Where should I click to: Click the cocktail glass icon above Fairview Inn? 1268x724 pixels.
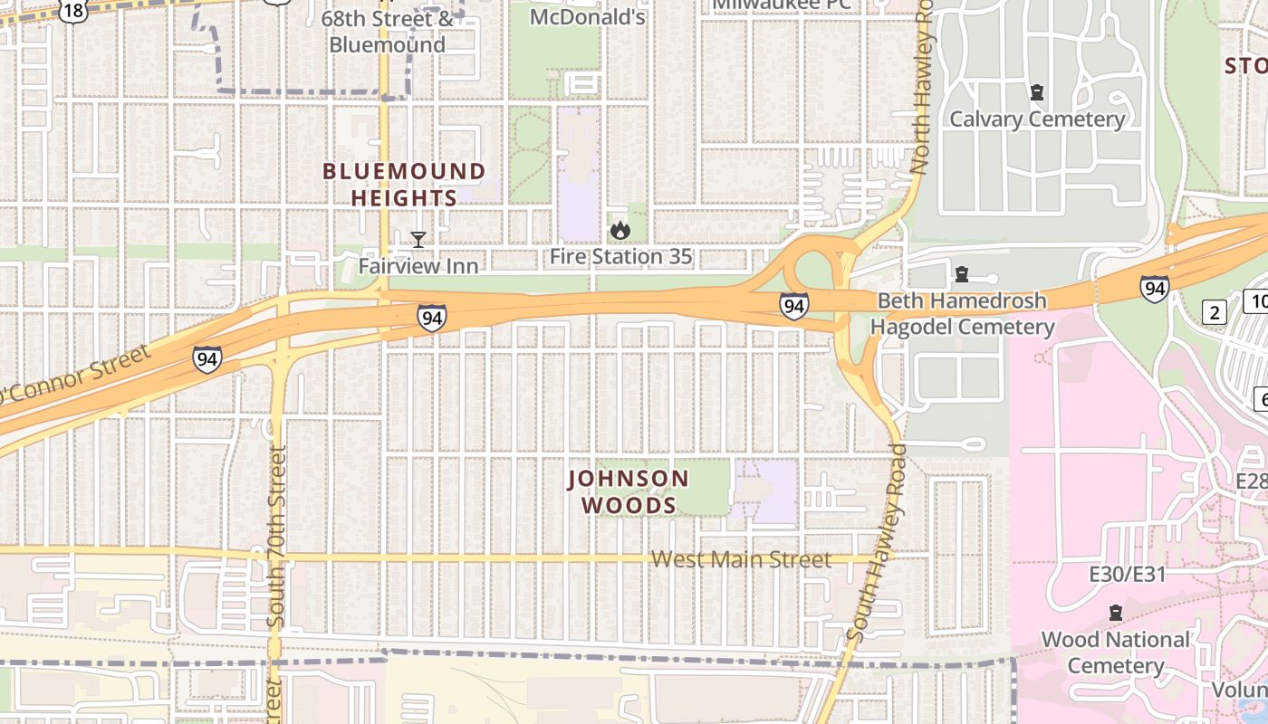[418, 240]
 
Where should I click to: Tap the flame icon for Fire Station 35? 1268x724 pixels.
[620, 231]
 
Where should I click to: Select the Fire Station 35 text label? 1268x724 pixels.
[620, 257]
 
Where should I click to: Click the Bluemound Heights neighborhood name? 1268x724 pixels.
[404, 185]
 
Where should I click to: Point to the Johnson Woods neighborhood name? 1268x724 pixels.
[629, 491]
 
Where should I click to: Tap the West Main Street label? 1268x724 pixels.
[741, 560]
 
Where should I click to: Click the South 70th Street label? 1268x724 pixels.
[277, 538]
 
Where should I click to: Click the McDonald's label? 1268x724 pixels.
[587, 17]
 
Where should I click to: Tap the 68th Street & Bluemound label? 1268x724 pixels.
[387, 32]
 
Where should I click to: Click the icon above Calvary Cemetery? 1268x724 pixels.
[1037, 92]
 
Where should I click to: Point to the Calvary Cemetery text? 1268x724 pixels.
[1037, 119]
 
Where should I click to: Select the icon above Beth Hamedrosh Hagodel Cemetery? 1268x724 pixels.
[962, 273]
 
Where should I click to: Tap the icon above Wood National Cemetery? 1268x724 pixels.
[1115, 614]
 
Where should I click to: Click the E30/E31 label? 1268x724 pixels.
[1127, 575]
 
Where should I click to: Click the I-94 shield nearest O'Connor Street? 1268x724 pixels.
[207, 359]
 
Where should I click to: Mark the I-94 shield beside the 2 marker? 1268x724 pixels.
[1154, 289]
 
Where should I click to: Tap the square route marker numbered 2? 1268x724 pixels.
[1215, 313]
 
